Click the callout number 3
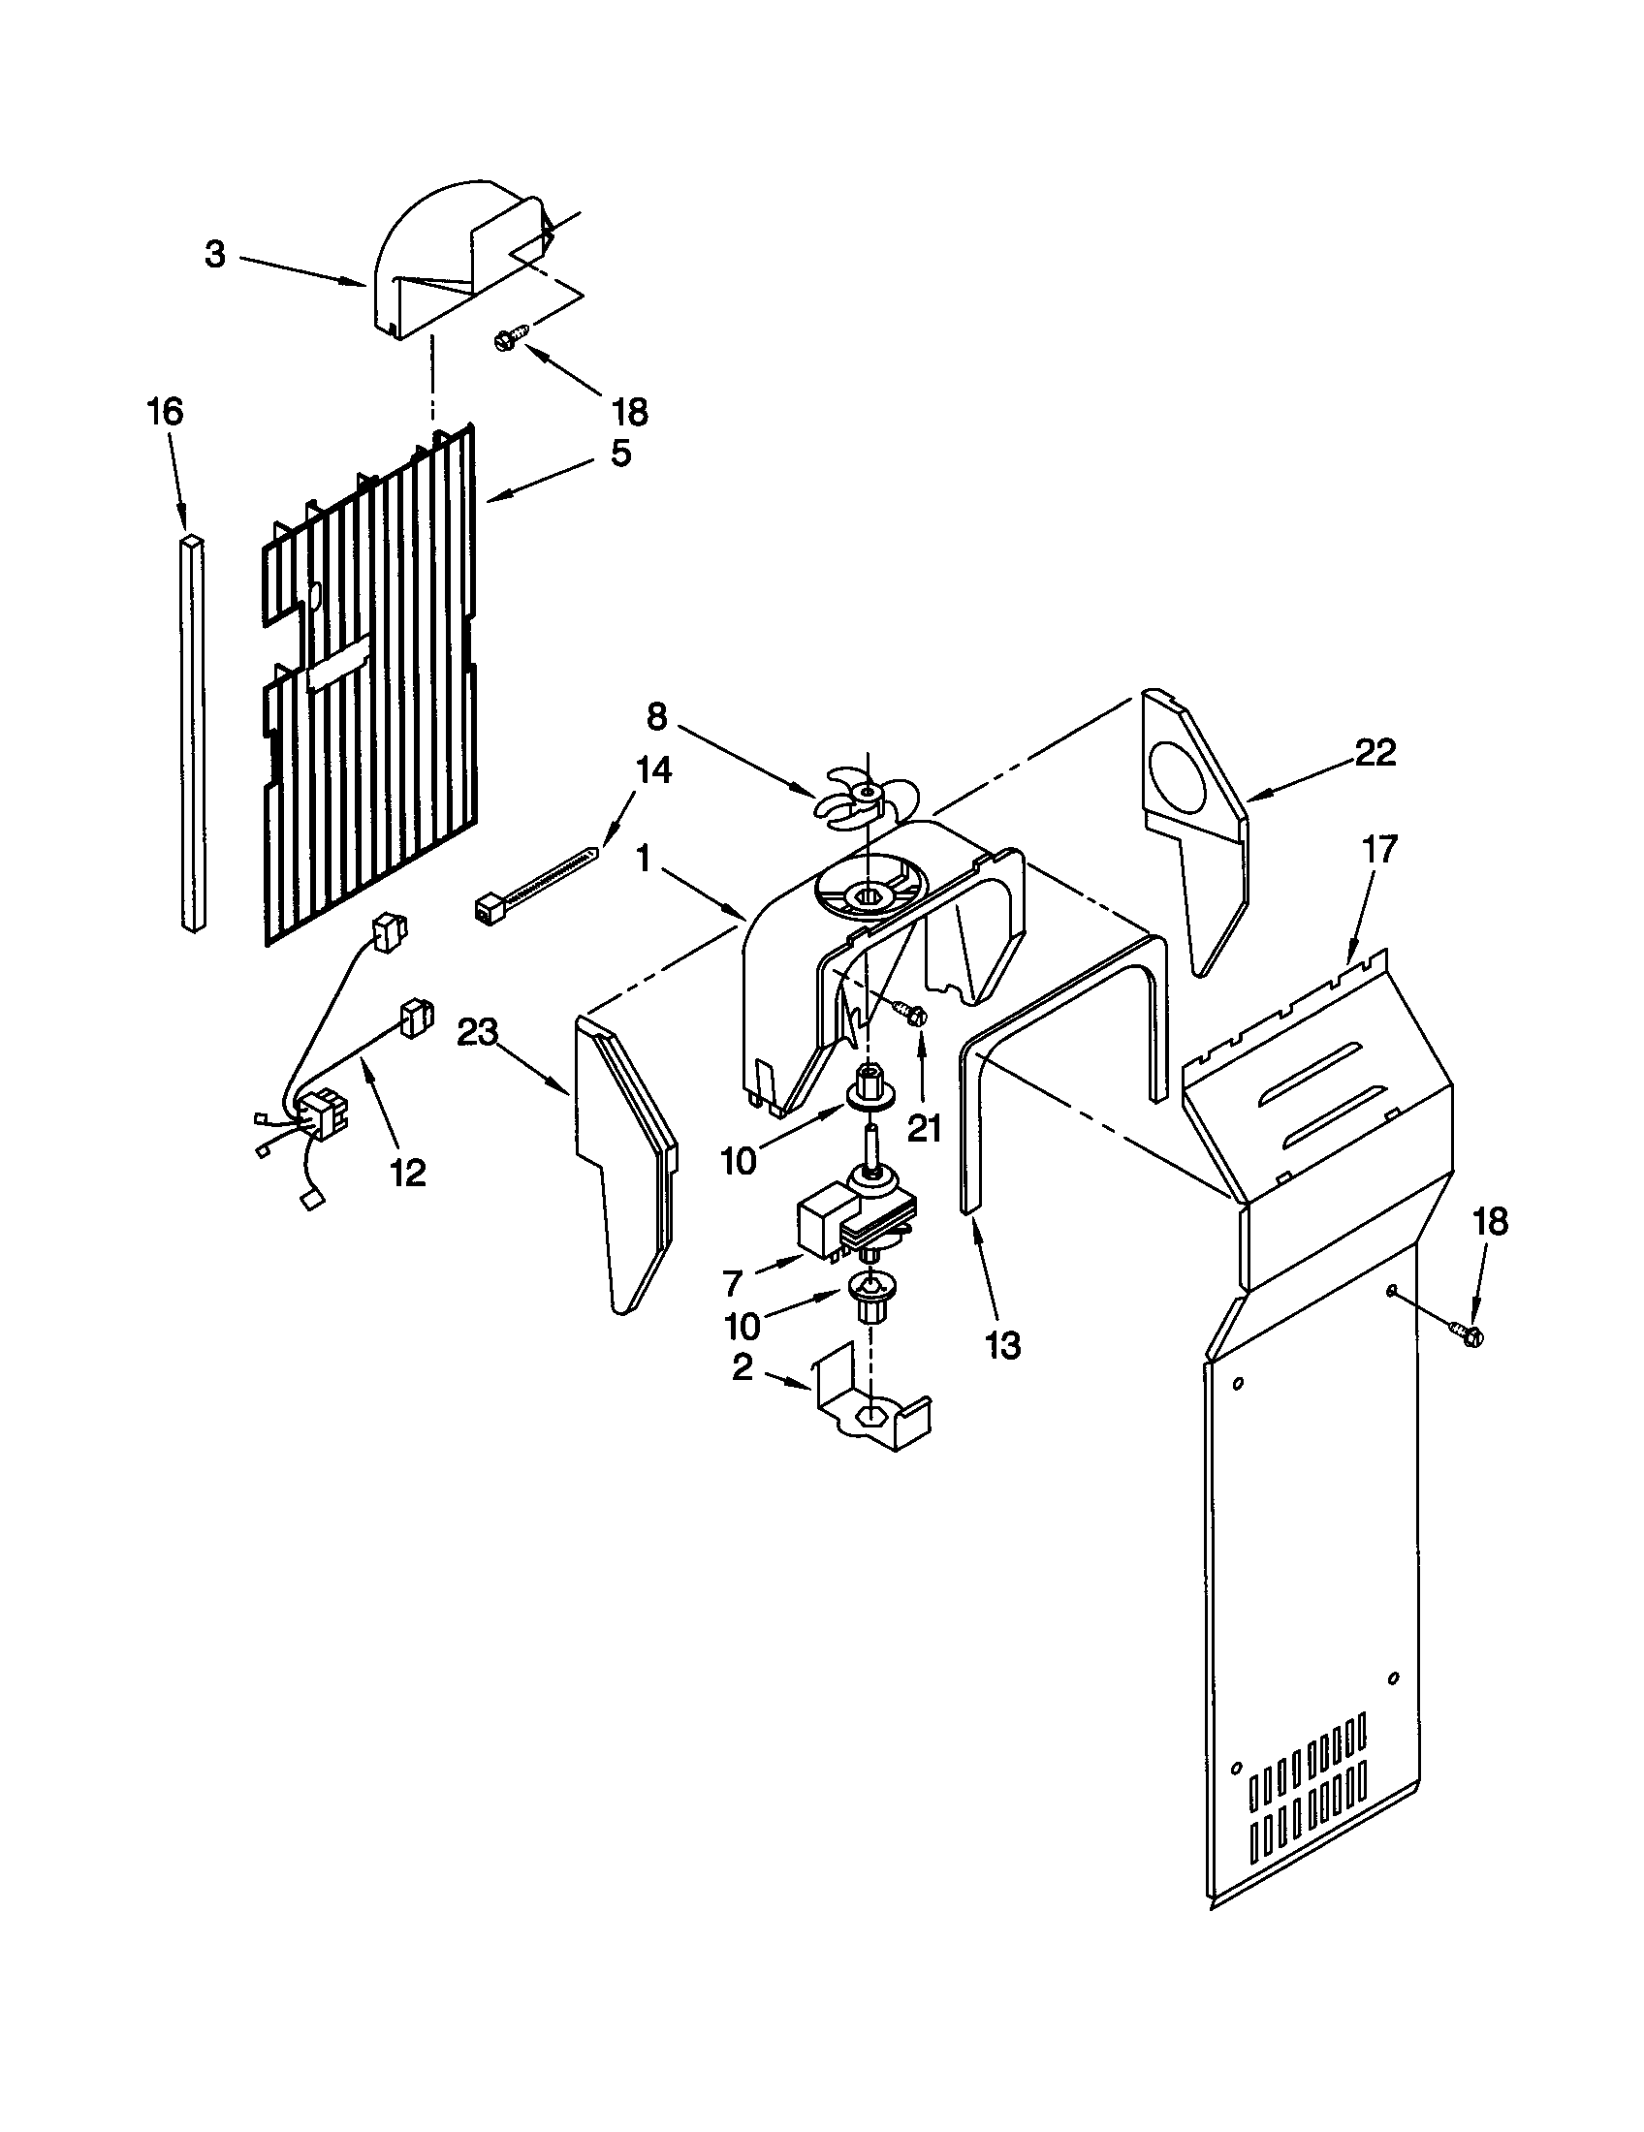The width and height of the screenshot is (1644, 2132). pos(215,255)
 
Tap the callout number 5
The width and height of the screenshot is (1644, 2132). pos(621,453)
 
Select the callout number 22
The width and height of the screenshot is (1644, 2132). pos(1375,752)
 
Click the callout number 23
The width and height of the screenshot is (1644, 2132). pos(477,1032)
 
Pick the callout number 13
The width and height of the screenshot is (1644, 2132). pos(1003,1345)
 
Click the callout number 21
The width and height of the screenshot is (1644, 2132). pos(925,1127)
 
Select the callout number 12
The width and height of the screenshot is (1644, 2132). pos(408,1173)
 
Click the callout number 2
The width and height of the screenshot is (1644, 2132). pos(743,1367)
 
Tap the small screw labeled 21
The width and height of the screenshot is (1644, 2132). pos(912,1014)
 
